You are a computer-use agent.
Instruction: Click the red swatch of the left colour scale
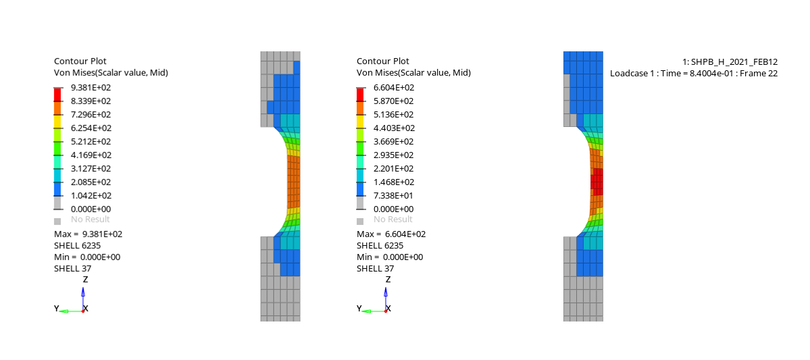pyautogui.click(x=57, y=94)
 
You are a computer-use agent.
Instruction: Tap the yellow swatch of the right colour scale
pyautogui.click(x=360, y=121)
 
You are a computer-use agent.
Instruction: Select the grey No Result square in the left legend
pyautogui.click(x=57, y=221)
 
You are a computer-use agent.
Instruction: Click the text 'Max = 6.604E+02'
pyautogui.click(x=391, y=234)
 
